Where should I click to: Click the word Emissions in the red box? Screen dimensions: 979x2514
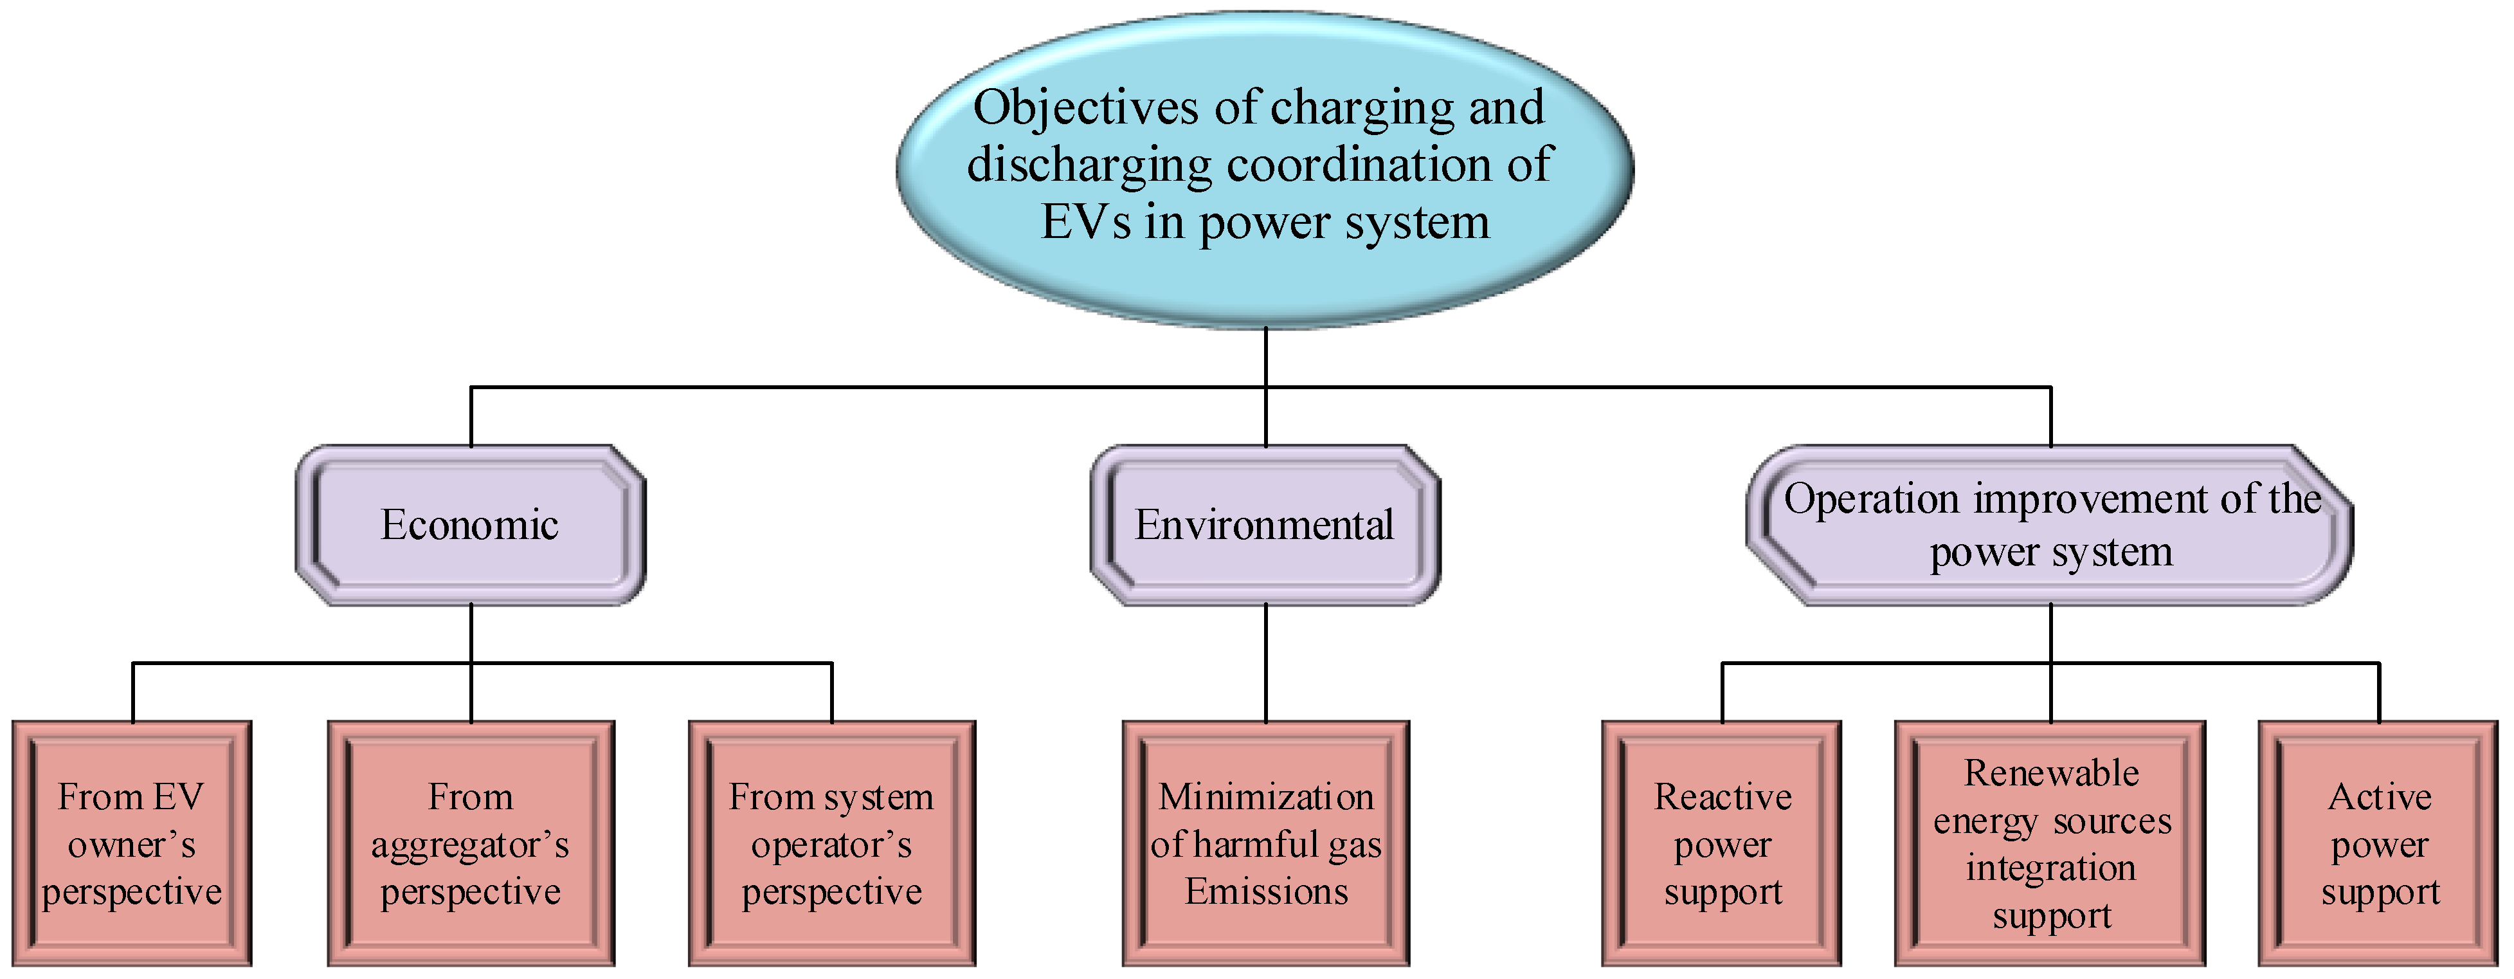pos(1266,891)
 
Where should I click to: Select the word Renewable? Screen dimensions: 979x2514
pos(2050,773)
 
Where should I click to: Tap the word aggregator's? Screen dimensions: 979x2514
pos(469,845)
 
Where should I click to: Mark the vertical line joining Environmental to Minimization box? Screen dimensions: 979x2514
pos(1266,664)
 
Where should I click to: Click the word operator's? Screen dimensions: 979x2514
pos(831,845)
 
